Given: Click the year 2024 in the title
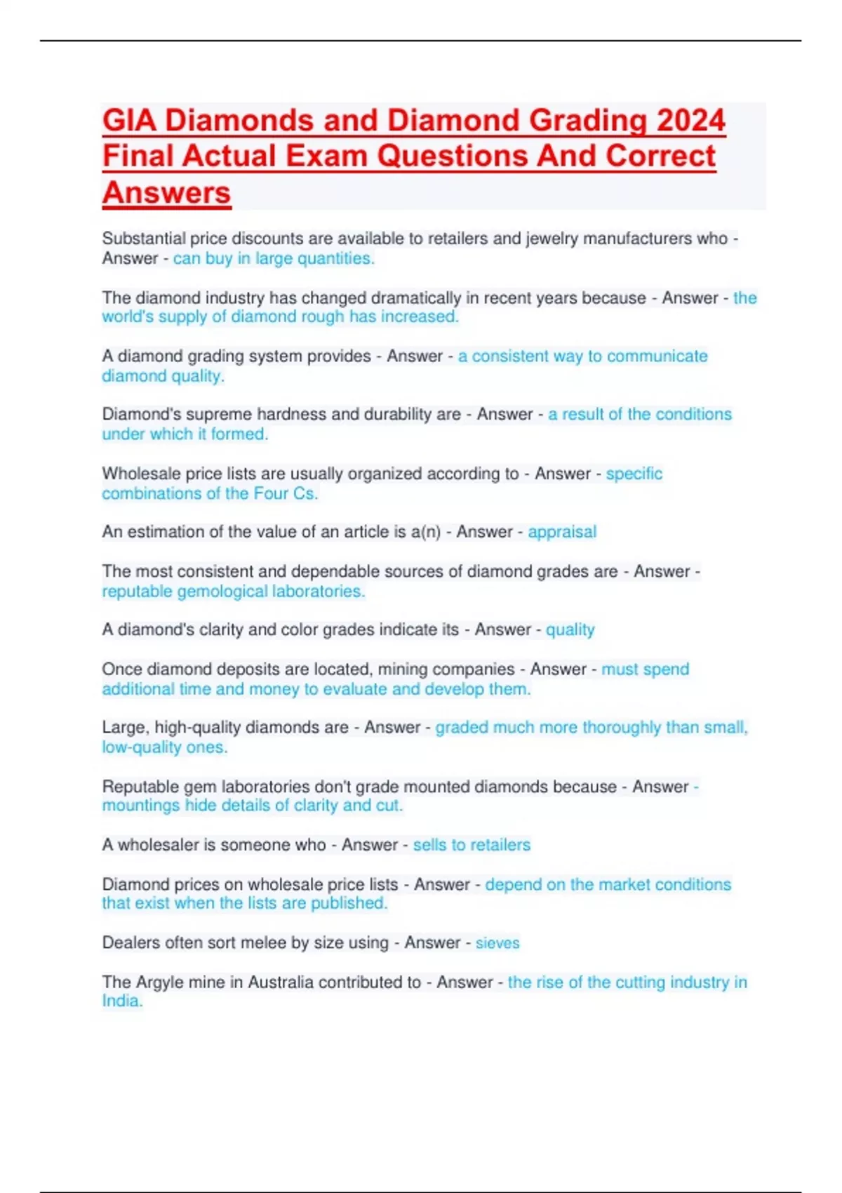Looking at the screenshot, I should [690, 121].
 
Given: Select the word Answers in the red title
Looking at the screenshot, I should [166, 193].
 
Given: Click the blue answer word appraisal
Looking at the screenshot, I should [562, 532].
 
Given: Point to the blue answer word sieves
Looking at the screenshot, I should [497, 943].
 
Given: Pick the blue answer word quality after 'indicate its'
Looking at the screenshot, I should [570, 630].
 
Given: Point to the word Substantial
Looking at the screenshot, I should [144, 239].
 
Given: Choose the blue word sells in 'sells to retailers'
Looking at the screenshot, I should [429, 845].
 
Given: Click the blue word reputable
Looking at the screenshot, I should [137, 592].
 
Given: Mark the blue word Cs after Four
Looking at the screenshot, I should [305, 494].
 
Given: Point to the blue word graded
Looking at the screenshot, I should [462, 728].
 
